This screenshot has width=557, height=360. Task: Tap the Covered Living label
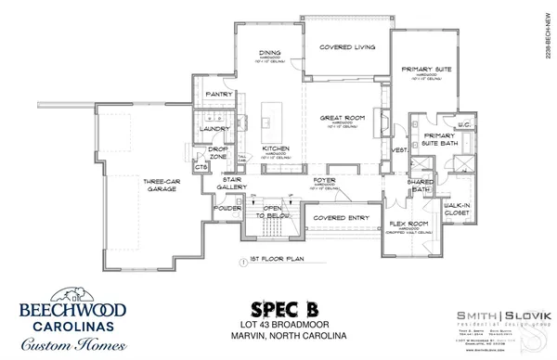(x=346, y=47)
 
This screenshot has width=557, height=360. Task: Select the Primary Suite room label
(x=425, y=70)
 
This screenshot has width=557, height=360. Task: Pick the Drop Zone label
(x=219, y=152)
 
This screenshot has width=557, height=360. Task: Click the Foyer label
(x=323, y=183)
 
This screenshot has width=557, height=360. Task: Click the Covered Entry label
(x=336, y=218)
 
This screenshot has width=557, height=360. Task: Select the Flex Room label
(x=408, y=225)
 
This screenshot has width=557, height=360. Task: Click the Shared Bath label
(x=421, y=186)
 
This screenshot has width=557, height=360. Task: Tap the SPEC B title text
(x=278, y=307)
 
